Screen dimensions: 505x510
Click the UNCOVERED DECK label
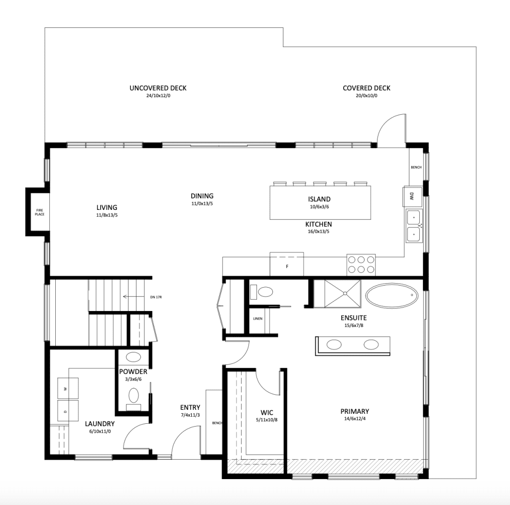pos(158,88)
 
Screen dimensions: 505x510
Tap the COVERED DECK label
pos(367,88)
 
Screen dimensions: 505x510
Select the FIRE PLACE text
pos(39,212)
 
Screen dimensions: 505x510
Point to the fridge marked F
pos(287,264)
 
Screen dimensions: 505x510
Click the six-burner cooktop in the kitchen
pos(361,264)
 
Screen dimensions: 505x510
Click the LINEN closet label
pos(257,319)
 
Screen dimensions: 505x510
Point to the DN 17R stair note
pos(156,297)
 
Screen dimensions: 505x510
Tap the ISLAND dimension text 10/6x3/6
pos(319,206)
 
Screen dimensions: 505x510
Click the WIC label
pos(267,413)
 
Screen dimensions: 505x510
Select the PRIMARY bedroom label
pos(355,411)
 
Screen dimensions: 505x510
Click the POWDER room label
pos(133,372)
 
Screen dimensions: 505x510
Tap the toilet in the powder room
pos(133,396)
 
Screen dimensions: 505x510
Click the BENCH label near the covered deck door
pos(416,168)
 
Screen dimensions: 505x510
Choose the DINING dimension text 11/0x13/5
pos(202,203)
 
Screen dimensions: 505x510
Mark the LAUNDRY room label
pos(100,424)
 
